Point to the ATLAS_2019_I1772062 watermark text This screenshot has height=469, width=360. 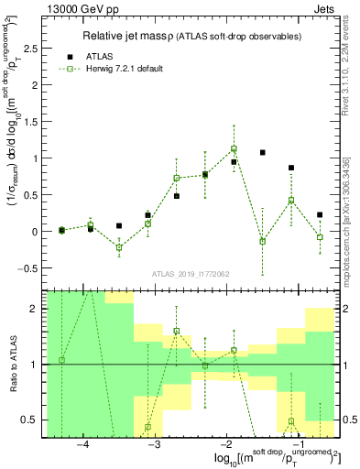click(x=190, y=274)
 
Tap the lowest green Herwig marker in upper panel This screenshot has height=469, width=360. click(x=119, y=247)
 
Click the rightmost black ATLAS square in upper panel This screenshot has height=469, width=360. click(x=320, y=215)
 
